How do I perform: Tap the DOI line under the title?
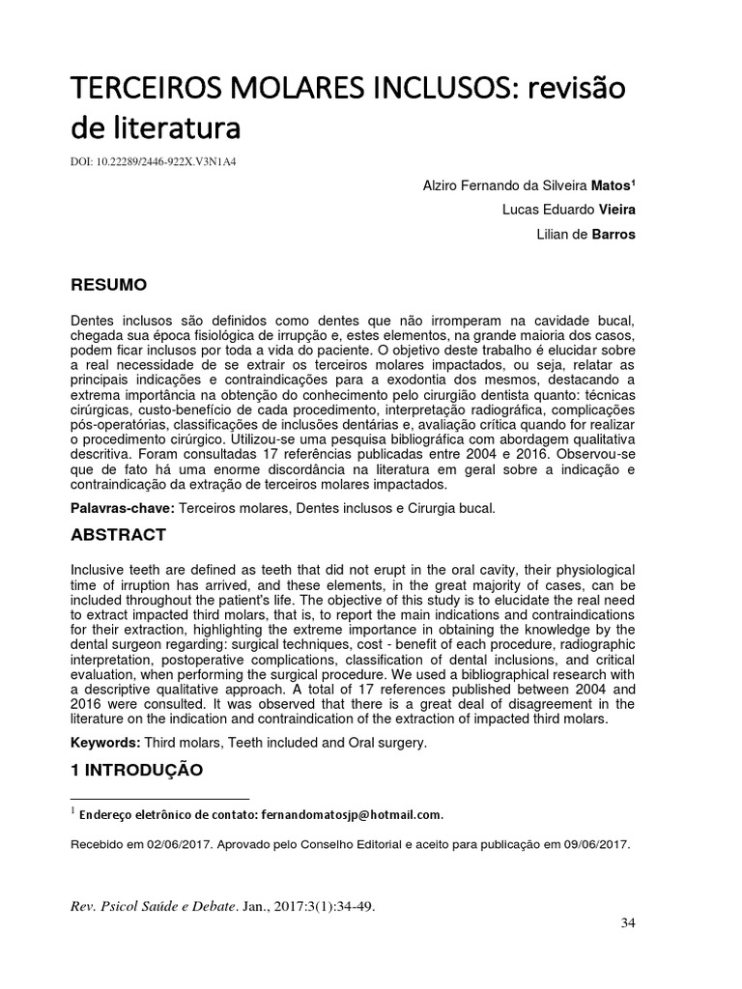(155, 161)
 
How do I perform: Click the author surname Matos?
(613, 184)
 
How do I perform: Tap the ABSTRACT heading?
(119, 534)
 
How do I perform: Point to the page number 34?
(628, 923)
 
